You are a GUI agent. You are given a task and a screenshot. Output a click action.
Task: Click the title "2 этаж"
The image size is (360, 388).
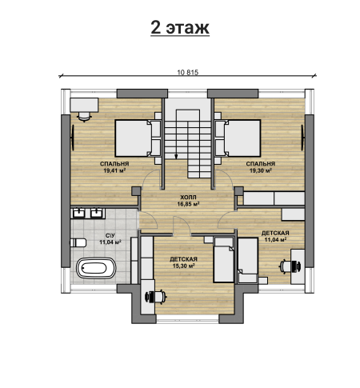click(180, 27)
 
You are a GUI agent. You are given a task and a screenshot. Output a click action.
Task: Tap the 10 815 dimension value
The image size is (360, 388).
click(188, 72)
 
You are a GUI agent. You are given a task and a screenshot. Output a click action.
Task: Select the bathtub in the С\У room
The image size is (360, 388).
click(96, 268)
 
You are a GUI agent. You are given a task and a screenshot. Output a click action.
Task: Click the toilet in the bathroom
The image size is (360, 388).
click(78, 242)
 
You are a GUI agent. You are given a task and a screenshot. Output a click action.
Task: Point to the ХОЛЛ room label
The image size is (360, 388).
click(188, 198)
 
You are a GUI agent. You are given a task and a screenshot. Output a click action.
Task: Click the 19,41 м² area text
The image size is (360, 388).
click(114, 170)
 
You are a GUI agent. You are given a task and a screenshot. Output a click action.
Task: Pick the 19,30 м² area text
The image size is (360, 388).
click(261, 170)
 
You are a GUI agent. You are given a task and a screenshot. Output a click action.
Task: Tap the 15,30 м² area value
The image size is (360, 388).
click(183, 266)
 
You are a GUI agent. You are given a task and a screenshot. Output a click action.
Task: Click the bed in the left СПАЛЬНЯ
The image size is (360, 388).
click(138, 138)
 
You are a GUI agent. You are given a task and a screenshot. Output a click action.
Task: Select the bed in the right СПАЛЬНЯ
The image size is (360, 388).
click(238, 138)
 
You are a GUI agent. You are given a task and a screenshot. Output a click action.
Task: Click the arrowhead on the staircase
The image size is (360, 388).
click(176, 157)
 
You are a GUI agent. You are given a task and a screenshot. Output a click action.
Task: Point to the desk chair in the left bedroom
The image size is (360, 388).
click(84, 116)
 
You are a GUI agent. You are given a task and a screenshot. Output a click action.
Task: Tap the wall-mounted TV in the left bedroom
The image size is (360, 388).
click(73, 138)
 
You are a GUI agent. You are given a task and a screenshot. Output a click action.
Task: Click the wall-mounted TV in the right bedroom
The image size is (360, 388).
click(302, 138)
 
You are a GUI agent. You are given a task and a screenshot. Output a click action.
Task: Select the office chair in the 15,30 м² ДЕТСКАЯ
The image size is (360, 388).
click(156, 297)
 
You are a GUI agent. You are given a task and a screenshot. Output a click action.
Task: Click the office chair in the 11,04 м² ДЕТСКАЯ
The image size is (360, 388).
click(290, 266)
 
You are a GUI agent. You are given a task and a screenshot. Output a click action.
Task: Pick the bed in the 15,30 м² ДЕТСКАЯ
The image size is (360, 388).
click(224, 260)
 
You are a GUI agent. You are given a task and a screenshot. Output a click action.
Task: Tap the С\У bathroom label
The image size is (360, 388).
click(110, 235)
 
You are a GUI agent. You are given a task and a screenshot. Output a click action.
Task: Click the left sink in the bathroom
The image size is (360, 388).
click(79, 213)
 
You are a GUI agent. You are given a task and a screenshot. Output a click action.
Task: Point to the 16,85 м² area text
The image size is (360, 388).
click(189, 204)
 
